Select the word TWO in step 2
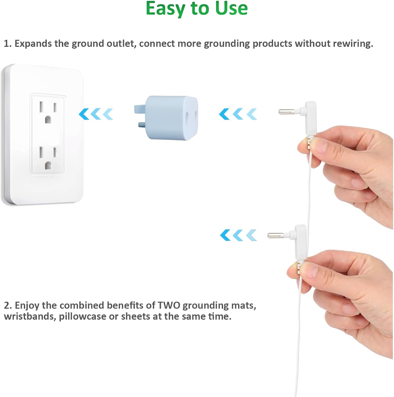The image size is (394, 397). (x=169, y=305)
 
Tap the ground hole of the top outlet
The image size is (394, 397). (x=48, y=120)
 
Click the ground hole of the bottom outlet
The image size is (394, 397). (x=48, y=165)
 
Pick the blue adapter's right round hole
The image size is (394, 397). (x=196, y=115)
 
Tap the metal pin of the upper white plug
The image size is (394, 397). (x=287, y=112)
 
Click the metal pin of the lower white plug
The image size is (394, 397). (x=276, y=235)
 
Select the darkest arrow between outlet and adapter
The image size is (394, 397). (x=84, y=114)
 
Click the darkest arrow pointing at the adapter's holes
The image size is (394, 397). (x=224, y=114)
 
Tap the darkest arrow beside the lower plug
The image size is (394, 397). (x=225, y=235)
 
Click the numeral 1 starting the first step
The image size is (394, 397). (x=7, y=44)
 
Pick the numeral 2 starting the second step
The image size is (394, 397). (x=7, y=306)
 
